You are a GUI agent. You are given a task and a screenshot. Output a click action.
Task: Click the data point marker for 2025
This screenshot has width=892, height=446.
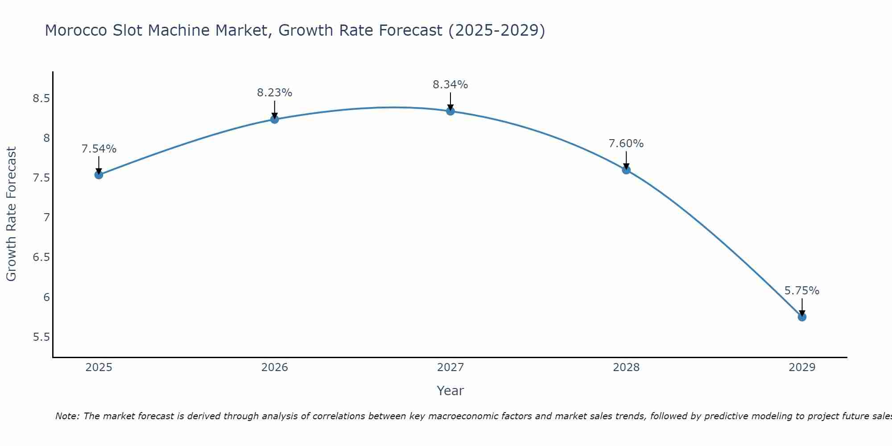99,175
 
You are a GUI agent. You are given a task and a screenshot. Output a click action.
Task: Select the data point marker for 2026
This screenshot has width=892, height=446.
275,120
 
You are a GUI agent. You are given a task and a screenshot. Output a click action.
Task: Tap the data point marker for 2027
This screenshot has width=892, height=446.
450,111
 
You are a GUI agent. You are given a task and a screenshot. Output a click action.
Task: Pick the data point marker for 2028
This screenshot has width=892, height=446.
626,170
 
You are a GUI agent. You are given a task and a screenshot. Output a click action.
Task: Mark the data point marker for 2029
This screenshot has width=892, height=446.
802,317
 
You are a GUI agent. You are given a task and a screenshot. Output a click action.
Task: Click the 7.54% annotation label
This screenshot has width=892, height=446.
99,149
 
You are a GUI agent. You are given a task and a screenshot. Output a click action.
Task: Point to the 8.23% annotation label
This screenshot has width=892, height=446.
275,93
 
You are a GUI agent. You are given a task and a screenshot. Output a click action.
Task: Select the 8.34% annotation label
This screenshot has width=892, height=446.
450,85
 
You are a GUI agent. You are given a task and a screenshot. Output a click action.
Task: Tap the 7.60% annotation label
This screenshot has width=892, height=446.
626,144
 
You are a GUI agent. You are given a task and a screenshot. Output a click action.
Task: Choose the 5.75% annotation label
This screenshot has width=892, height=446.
802,291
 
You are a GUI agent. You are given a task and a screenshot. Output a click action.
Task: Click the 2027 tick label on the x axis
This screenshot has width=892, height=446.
450,368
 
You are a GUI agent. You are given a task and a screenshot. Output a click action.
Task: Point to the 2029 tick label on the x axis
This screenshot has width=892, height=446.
802,368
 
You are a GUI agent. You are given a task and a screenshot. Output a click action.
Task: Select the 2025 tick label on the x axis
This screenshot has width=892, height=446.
99,368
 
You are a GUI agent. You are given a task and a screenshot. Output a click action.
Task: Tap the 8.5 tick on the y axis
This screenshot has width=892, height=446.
41,99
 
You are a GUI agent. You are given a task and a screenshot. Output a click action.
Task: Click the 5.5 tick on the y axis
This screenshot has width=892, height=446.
41,337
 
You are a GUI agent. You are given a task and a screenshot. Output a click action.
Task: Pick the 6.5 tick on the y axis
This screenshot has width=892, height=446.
41,258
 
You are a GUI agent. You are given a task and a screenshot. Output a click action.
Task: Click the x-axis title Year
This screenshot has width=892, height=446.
450,391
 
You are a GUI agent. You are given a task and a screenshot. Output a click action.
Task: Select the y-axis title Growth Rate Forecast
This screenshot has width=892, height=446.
12,214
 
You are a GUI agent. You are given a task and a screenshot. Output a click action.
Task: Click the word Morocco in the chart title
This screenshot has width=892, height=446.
76,31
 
